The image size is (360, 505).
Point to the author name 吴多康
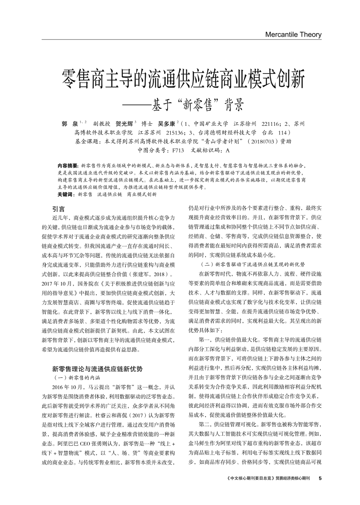coord(167,124)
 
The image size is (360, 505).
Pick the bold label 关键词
coord(66,194)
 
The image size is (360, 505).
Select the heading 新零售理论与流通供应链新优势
coord(97,368)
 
